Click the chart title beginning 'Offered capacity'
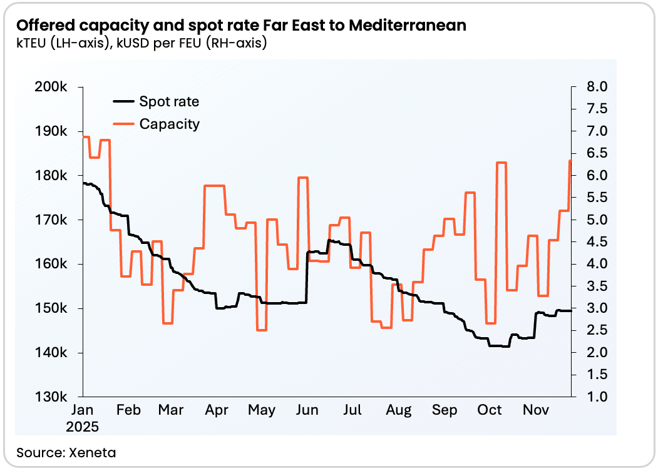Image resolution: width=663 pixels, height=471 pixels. (240, 26)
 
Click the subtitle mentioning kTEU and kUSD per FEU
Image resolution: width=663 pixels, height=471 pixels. (142, 44)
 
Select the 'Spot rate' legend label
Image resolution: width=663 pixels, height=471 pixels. (169, 101)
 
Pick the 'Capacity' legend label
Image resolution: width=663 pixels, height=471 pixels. (169, 124)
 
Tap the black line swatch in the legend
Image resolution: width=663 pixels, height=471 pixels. (123, 101)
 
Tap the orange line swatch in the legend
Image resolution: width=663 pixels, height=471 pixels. (123, 124)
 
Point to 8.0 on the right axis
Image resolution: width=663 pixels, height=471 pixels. (595, 87)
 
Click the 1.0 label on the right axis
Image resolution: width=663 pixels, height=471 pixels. (595, 397)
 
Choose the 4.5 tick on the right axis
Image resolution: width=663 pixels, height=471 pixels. (595, 242)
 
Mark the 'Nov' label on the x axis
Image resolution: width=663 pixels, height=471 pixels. (535, 410)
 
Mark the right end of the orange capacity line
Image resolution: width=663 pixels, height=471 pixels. (570, 161)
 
